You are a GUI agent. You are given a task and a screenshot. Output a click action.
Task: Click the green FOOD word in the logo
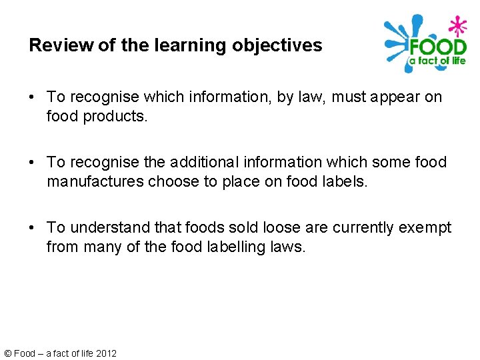point(438,49)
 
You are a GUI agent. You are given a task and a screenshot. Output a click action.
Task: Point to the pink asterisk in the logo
point(457,27)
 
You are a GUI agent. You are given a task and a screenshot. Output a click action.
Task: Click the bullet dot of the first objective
point(33,97)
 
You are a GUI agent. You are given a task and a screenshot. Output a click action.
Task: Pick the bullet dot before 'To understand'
point(33,229)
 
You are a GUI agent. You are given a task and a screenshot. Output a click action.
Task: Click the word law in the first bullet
point(305,97)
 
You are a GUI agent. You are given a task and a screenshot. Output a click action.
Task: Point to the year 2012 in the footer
point(106,353)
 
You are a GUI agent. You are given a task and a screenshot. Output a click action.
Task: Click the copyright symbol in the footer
point(8,353)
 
